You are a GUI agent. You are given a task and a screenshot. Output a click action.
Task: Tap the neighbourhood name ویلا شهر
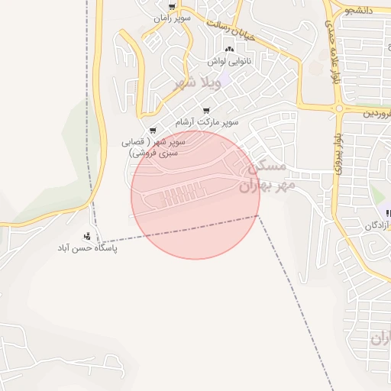(198, 82)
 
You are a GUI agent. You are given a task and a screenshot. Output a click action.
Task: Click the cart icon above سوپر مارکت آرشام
(205, 111)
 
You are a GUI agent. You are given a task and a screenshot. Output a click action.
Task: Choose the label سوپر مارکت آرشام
(207, 121)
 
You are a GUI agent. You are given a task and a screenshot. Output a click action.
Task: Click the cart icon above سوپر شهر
(153, 131)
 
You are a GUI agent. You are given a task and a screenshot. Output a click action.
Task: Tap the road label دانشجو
(359, 10)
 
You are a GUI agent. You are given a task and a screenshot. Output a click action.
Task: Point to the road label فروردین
(374, 113)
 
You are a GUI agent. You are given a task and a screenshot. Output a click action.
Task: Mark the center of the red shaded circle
(195, 195)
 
